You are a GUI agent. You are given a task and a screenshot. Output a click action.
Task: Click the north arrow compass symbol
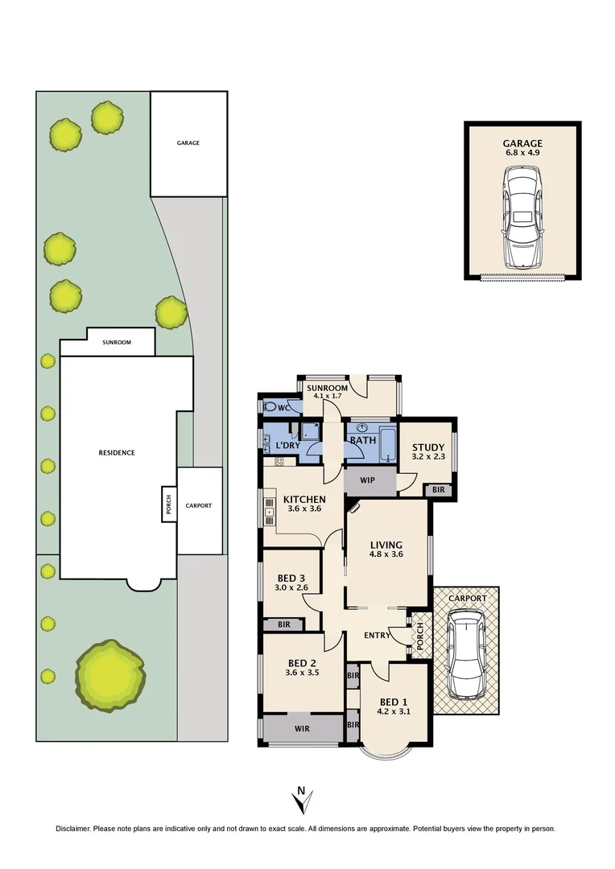pos(302,800)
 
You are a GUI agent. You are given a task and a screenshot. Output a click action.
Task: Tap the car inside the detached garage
pos(522,217)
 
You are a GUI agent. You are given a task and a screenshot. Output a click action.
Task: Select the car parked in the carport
pos(466,654)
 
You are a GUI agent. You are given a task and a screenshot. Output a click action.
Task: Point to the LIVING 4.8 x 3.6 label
pos(385,550)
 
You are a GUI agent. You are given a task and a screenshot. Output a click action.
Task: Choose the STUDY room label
pos(427,448)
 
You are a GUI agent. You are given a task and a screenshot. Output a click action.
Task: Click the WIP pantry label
pos(369,480)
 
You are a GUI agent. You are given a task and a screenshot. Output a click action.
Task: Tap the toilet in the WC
pos(273,407)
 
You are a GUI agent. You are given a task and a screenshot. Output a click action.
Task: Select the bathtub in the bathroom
pos(387,444)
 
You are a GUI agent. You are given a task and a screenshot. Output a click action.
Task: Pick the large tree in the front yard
pos(110,675)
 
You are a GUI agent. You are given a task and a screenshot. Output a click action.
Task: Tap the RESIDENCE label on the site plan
pos(117,452)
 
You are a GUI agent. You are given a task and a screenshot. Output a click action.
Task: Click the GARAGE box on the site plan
pos(188,143)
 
